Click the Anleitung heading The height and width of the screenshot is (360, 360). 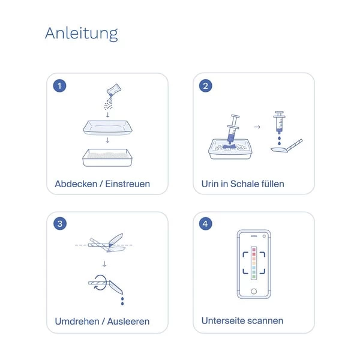click(x=82, y=34)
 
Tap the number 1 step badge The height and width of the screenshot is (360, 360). click(x=59, y=86)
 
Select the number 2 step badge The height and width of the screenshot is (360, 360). click(x=205, y=86)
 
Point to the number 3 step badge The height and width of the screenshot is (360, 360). click(x=60, y=224)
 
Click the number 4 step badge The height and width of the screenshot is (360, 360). click(x=205, y=224)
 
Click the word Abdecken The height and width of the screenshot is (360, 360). click(x=76, y=184)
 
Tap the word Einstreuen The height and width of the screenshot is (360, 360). click(x=127, y=184)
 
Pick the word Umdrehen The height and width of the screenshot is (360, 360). click(x=77, y=321)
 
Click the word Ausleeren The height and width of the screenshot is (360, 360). click(x=128, y=321)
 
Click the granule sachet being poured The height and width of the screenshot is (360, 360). click(x=114, y=90)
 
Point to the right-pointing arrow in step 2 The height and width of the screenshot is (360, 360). click(x=257, y=127)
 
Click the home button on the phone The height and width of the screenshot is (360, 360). click(x=254, y=292)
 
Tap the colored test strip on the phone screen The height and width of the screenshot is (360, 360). click(x=254, y=263)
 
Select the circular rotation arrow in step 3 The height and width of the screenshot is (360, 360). click(x=100, y=283)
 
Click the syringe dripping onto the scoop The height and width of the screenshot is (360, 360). click(x=279, y=122)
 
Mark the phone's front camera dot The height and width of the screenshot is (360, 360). click(x=264, y=236)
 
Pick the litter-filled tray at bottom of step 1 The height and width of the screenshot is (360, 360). click(x=107, y=157)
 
